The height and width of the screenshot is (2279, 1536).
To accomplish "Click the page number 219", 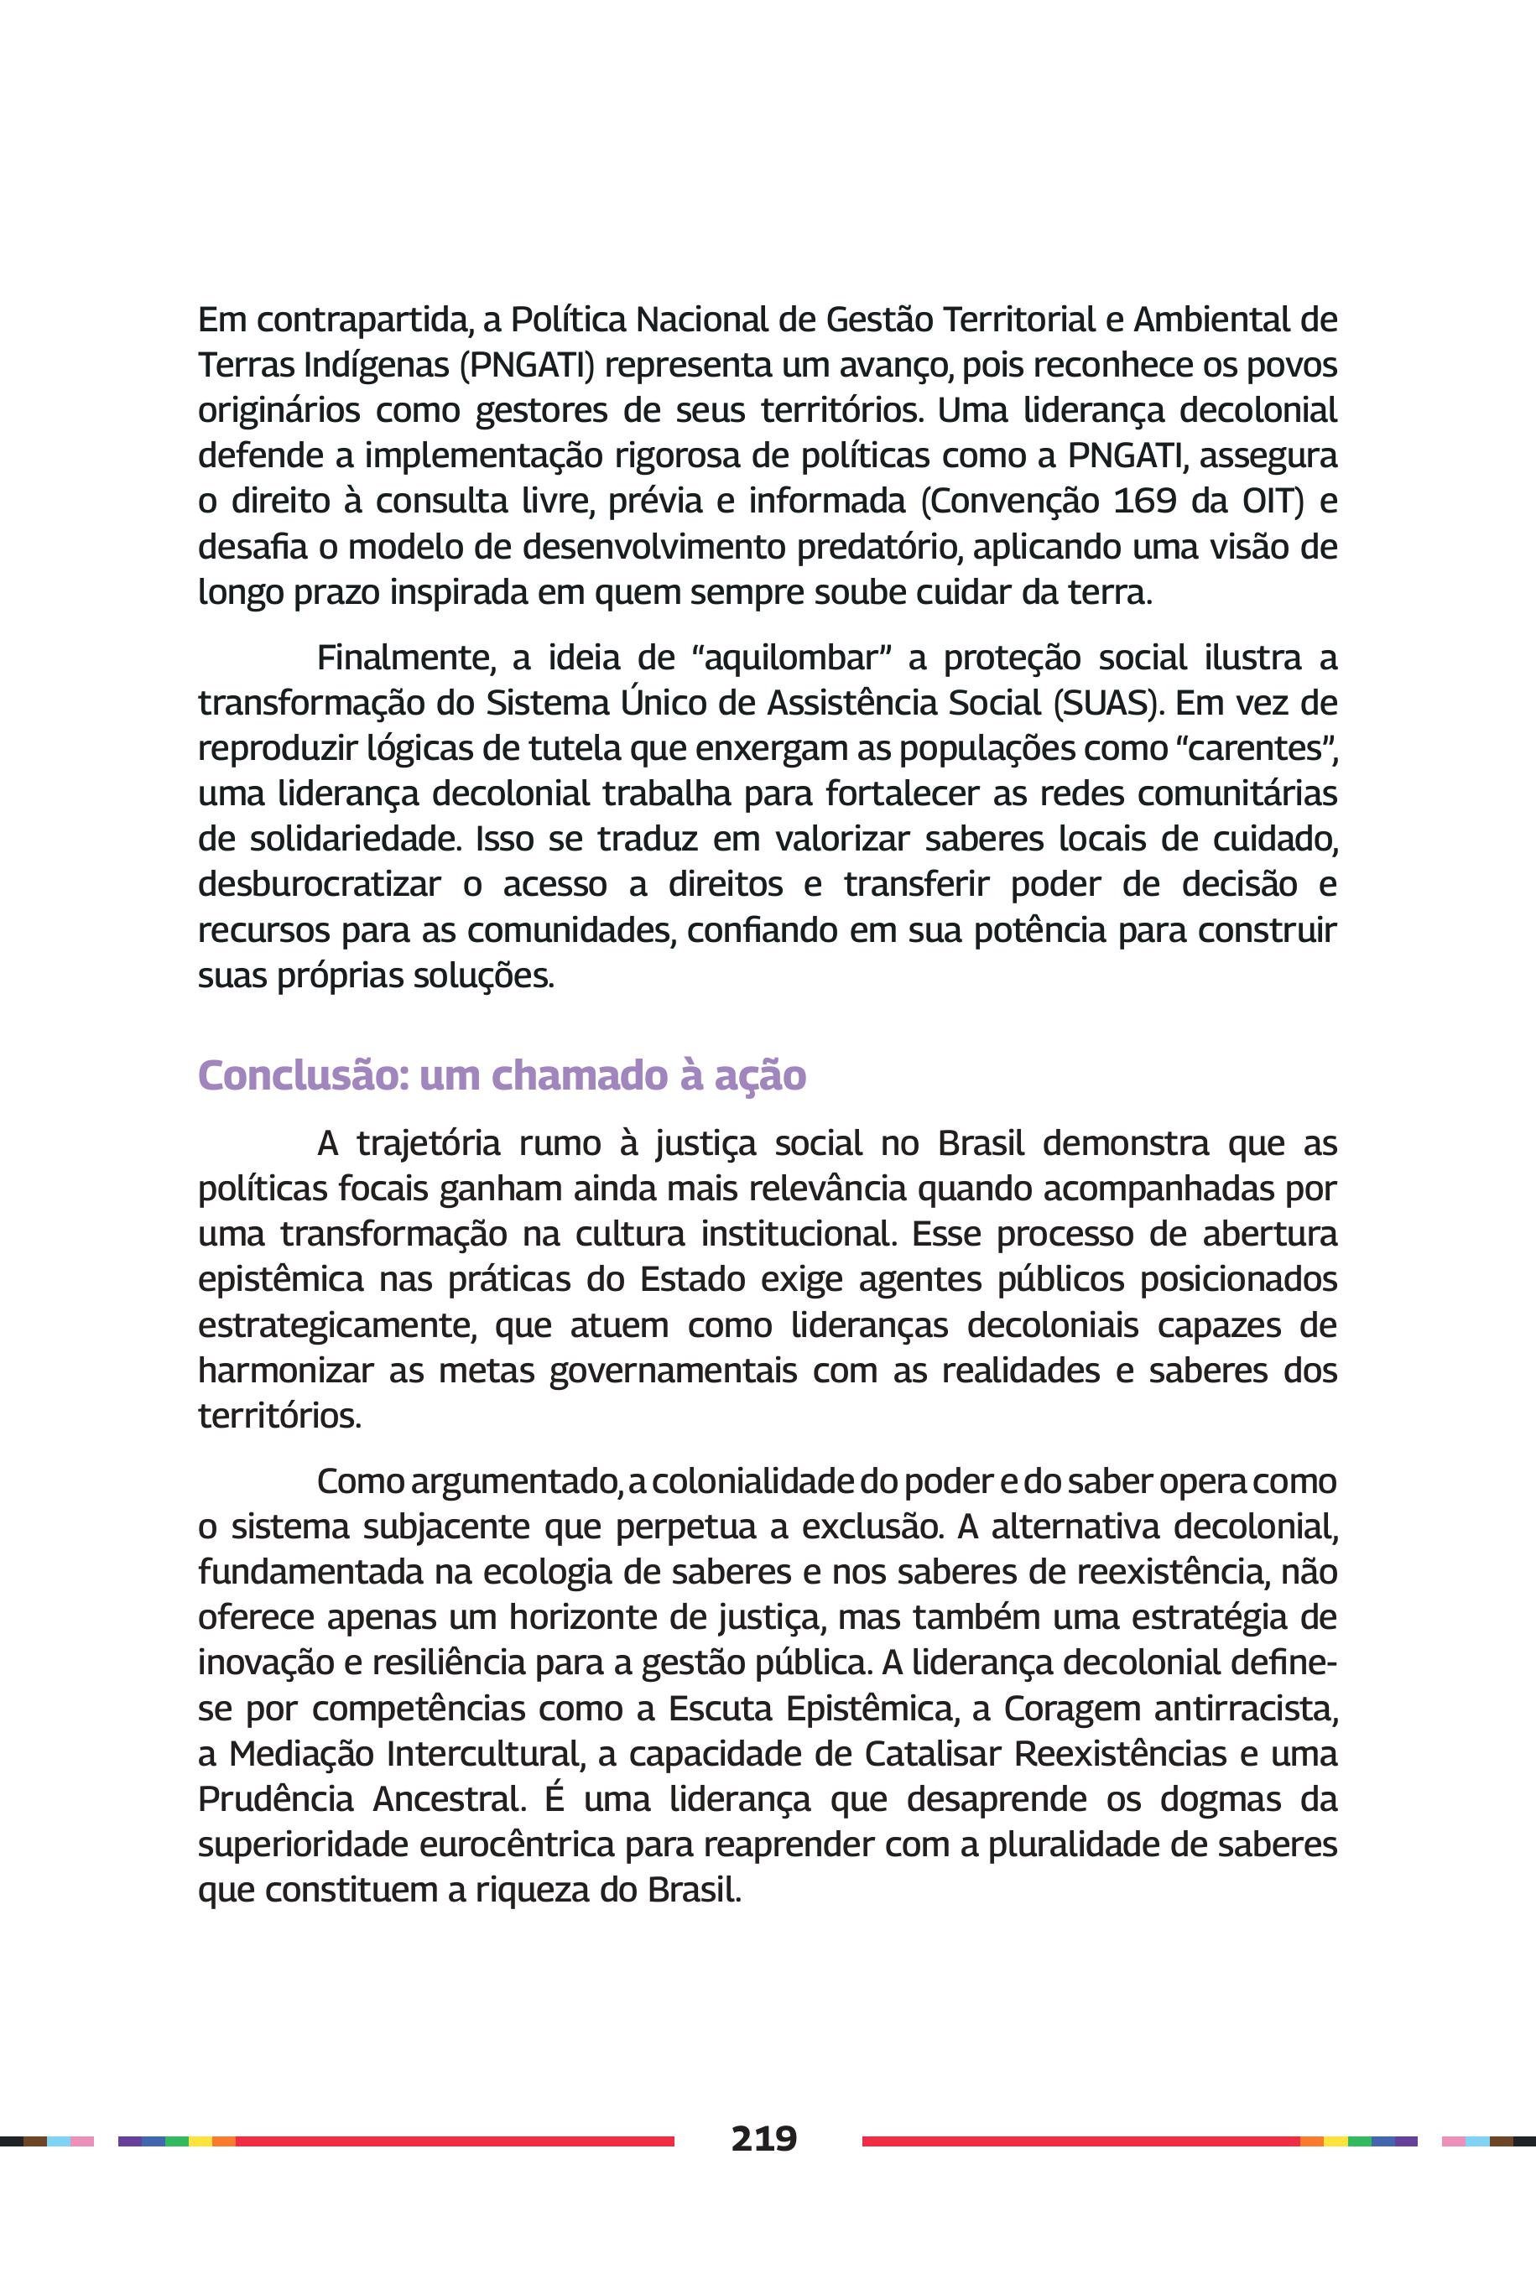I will click(x=764, y=2139).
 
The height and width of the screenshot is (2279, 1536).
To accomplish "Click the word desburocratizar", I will click(x=320, y=884).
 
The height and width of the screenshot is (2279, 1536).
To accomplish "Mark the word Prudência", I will click(x=275, y=1799).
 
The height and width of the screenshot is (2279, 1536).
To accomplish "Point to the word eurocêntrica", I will click(x=516, y=1845).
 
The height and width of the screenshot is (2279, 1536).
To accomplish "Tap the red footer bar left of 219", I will click(x=455, y=2141).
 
